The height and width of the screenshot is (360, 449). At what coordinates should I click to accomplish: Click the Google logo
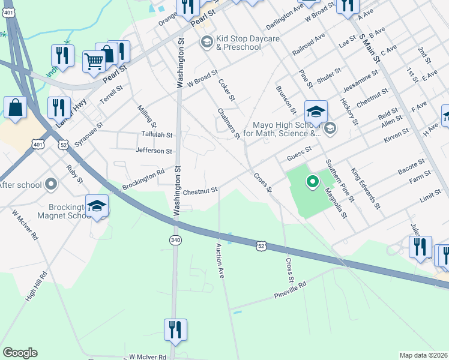point(20,353)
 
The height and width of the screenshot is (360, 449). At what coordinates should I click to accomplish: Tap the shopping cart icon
point(94,61)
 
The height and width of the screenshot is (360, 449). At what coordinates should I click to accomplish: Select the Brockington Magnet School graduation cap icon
point(97,206)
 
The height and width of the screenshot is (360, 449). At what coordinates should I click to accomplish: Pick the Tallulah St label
point(157,135)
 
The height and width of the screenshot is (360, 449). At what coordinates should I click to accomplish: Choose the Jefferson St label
point(154,151)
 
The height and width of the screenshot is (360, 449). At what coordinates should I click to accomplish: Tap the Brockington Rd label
point(143,179)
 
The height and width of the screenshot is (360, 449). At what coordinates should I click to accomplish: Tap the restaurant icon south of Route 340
point(175,330)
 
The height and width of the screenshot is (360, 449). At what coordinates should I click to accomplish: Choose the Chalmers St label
point(229,124)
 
